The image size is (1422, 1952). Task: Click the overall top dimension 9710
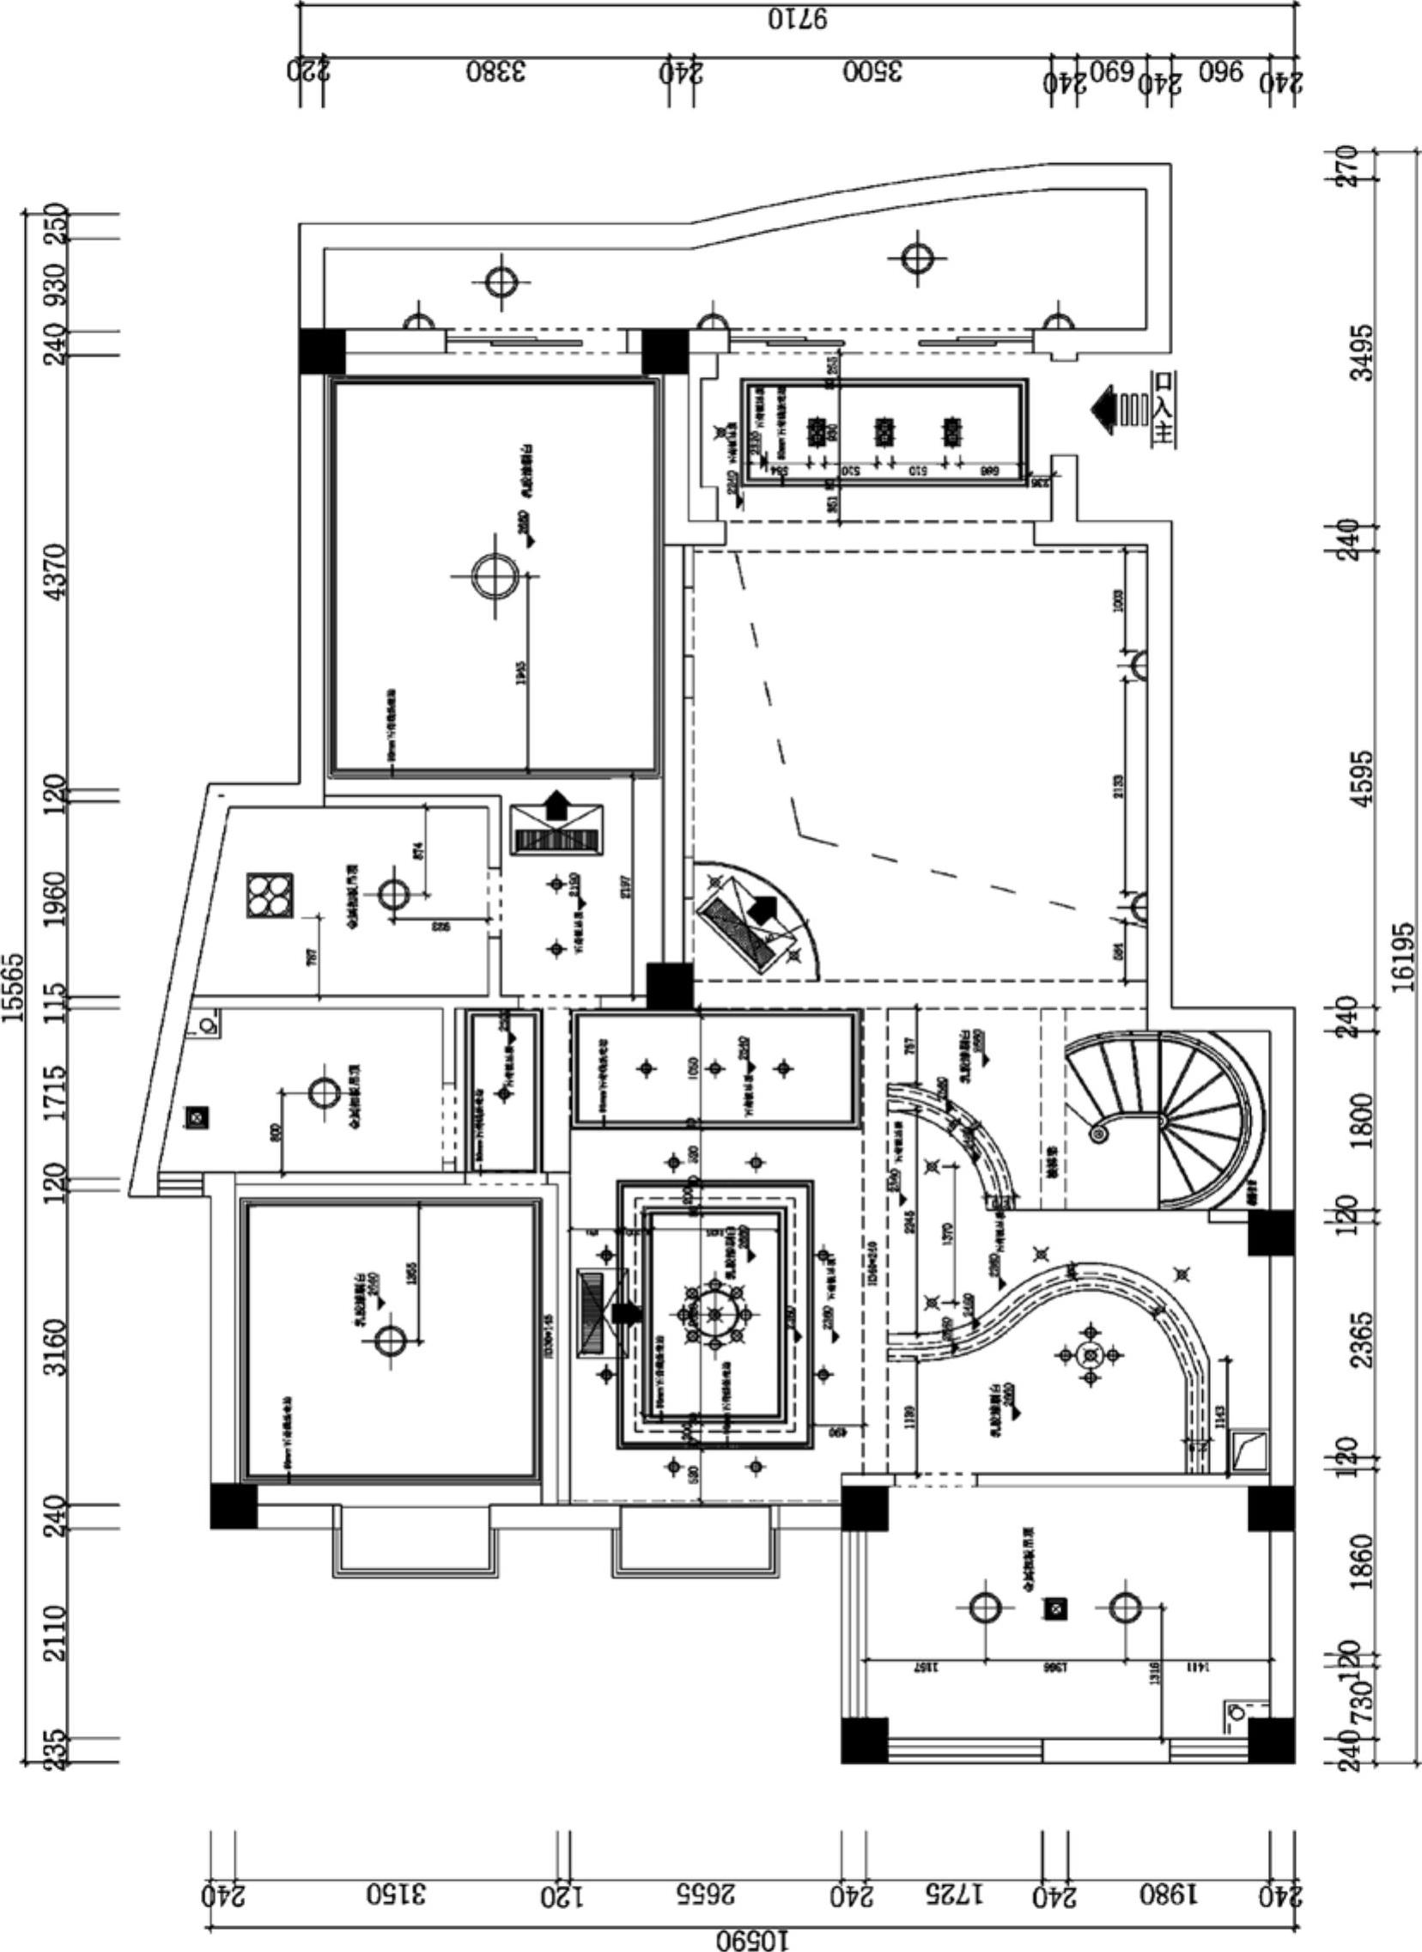point(798,18)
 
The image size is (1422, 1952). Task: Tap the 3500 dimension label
point(872,71)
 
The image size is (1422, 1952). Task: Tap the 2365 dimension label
point(1362,1338)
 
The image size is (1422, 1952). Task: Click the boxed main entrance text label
point(1164,408)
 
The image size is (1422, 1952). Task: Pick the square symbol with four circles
point(270,896)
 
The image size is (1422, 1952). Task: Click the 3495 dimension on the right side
point(1362,352)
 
